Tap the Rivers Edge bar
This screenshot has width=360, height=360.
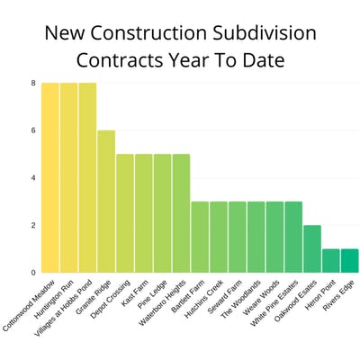pyautogui.click(x=349, y=260)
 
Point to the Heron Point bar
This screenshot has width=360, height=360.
pyautogui.click(x=330, y=260)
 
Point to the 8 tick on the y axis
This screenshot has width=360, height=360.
pyautogui.click(x=33, y=83)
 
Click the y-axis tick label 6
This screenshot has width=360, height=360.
pyautogui.click(x=33, y=130)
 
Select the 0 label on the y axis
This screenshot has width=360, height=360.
pyautogui.click(x=33, y=272)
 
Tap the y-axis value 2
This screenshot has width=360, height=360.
pyautogui.click(x=33, y=225)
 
